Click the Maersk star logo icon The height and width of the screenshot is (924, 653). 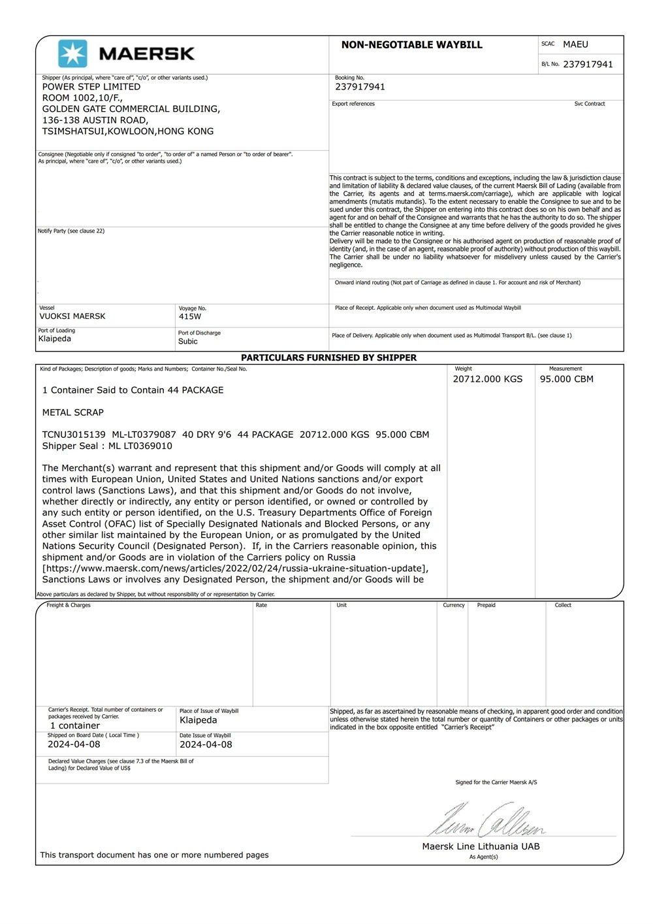click(x=72, y=54)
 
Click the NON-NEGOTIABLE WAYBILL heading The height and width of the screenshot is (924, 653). click(x=411, y=45)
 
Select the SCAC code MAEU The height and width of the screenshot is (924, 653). click(x=575, y=44)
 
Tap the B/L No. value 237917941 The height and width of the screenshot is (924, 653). click(x=588, y=64)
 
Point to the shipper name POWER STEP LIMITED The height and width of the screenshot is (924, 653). click(x=91, y=86)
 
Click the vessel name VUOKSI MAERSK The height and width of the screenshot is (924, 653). click(x=72, y=316)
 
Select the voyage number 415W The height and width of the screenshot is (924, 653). click(x=190, y=317)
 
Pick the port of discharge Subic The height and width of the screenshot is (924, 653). click(x=188, y=341)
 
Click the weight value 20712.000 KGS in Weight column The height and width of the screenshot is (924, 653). click(x=488, y=379)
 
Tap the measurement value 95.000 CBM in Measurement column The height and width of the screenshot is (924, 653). click(x=567, y=379)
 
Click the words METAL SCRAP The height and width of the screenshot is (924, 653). click(x=73, y=412)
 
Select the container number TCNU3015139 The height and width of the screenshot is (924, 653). click(x=74, y=435)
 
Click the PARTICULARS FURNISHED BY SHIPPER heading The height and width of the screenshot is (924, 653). click(x=328, y=358)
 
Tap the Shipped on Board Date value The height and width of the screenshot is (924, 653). click(x=74, y=744)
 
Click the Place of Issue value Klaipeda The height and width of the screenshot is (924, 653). click(x=199, y=720)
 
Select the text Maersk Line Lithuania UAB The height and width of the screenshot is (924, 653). click(x=481, y=846)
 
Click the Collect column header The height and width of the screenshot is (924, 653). click(x=563, y=605)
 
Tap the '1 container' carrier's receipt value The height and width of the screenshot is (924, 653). click(x=75, y=725)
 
